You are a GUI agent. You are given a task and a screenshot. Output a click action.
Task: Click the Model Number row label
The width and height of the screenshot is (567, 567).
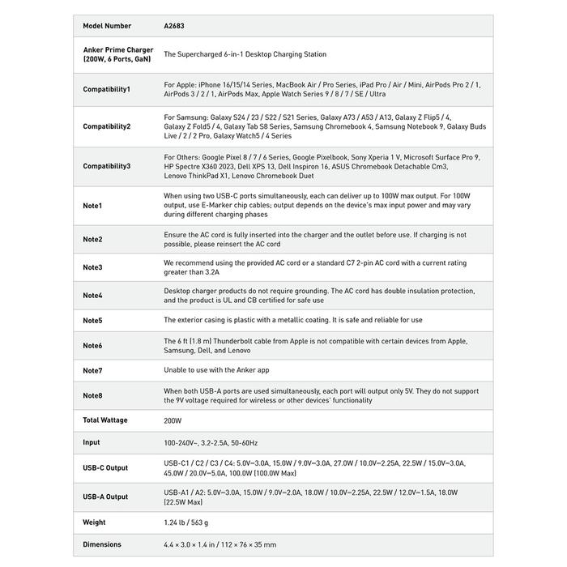(105, 26)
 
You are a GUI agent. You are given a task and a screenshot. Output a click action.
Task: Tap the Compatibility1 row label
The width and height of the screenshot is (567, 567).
(106, 89)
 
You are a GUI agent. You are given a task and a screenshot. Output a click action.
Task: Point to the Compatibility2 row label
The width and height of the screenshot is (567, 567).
(106, 126)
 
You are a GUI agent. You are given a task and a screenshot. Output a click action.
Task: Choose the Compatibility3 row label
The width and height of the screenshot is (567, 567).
(106, 166)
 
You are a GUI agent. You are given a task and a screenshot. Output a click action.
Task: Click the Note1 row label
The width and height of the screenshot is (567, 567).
(92, 206)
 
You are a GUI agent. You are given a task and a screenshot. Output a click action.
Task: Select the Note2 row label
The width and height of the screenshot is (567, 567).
(92, 240)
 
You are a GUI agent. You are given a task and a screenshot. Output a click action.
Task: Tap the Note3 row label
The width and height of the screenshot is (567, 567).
(92, 267)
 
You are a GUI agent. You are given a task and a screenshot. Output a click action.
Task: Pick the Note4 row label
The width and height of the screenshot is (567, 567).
(92, 296)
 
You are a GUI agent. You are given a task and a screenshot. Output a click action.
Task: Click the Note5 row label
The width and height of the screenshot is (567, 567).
(92, 321)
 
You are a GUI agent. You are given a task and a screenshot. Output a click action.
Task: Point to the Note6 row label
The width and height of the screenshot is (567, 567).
(92, 346)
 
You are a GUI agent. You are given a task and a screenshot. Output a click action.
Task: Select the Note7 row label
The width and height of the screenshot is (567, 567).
(92, 370)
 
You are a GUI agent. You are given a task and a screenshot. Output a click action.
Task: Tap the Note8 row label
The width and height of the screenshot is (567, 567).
(92, 395)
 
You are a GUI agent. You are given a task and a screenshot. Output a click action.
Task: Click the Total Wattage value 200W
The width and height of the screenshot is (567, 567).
(173, 420)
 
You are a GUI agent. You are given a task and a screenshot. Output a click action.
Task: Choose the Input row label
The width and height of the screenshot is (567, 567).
(92, 442)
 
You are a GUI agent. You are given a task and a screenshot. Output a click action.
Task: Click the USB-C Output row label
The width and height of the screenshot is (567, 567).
(105, 468)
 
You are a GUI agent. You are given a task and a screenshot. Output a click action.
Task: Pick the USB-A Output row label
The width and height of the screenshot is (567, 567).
(105, 497)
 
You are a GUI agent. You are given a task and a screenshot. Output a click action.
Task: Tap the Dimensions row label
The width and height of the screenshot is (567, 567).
(102, 544)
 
